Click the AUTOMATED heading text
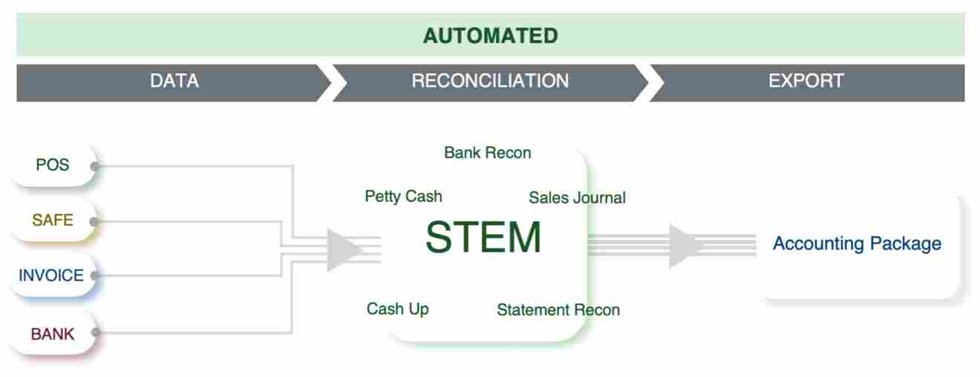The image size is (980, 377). [490, 36]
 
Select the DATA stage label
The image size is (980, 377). [174, 81]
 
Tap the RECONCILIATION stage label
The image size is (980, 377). [490, 81]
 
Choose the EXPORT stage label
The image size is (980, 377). [806, 81]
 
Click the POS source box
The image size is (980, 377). [52, 165]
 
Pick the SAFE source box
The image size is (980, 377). [52, 220]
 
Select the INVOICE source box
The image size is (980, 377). [50, 275]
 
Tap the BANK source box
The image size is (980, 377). [52, 334]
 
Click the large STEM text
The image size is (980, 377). [483, 238]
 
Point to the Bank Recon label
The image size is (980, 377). [488, 153]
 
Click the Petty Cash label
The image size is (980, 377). [403, 197]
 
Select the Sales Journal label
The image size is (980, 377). [577, 197]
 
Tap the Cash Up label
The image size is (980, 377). [397, 309]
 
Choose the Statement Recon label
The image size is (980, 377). [558, 309]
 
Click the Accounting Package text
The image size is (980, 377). [857, 243]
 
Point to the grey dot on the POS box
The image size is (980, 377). [94, 166]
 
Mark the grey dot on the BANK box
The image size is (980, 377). [94, 333]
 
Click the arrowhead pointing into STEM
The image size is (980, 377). [343, 250]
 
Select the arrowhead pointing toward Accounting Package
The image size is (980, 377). [685, 246]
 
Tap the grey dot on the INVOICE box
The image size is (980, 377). [94, 276]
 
